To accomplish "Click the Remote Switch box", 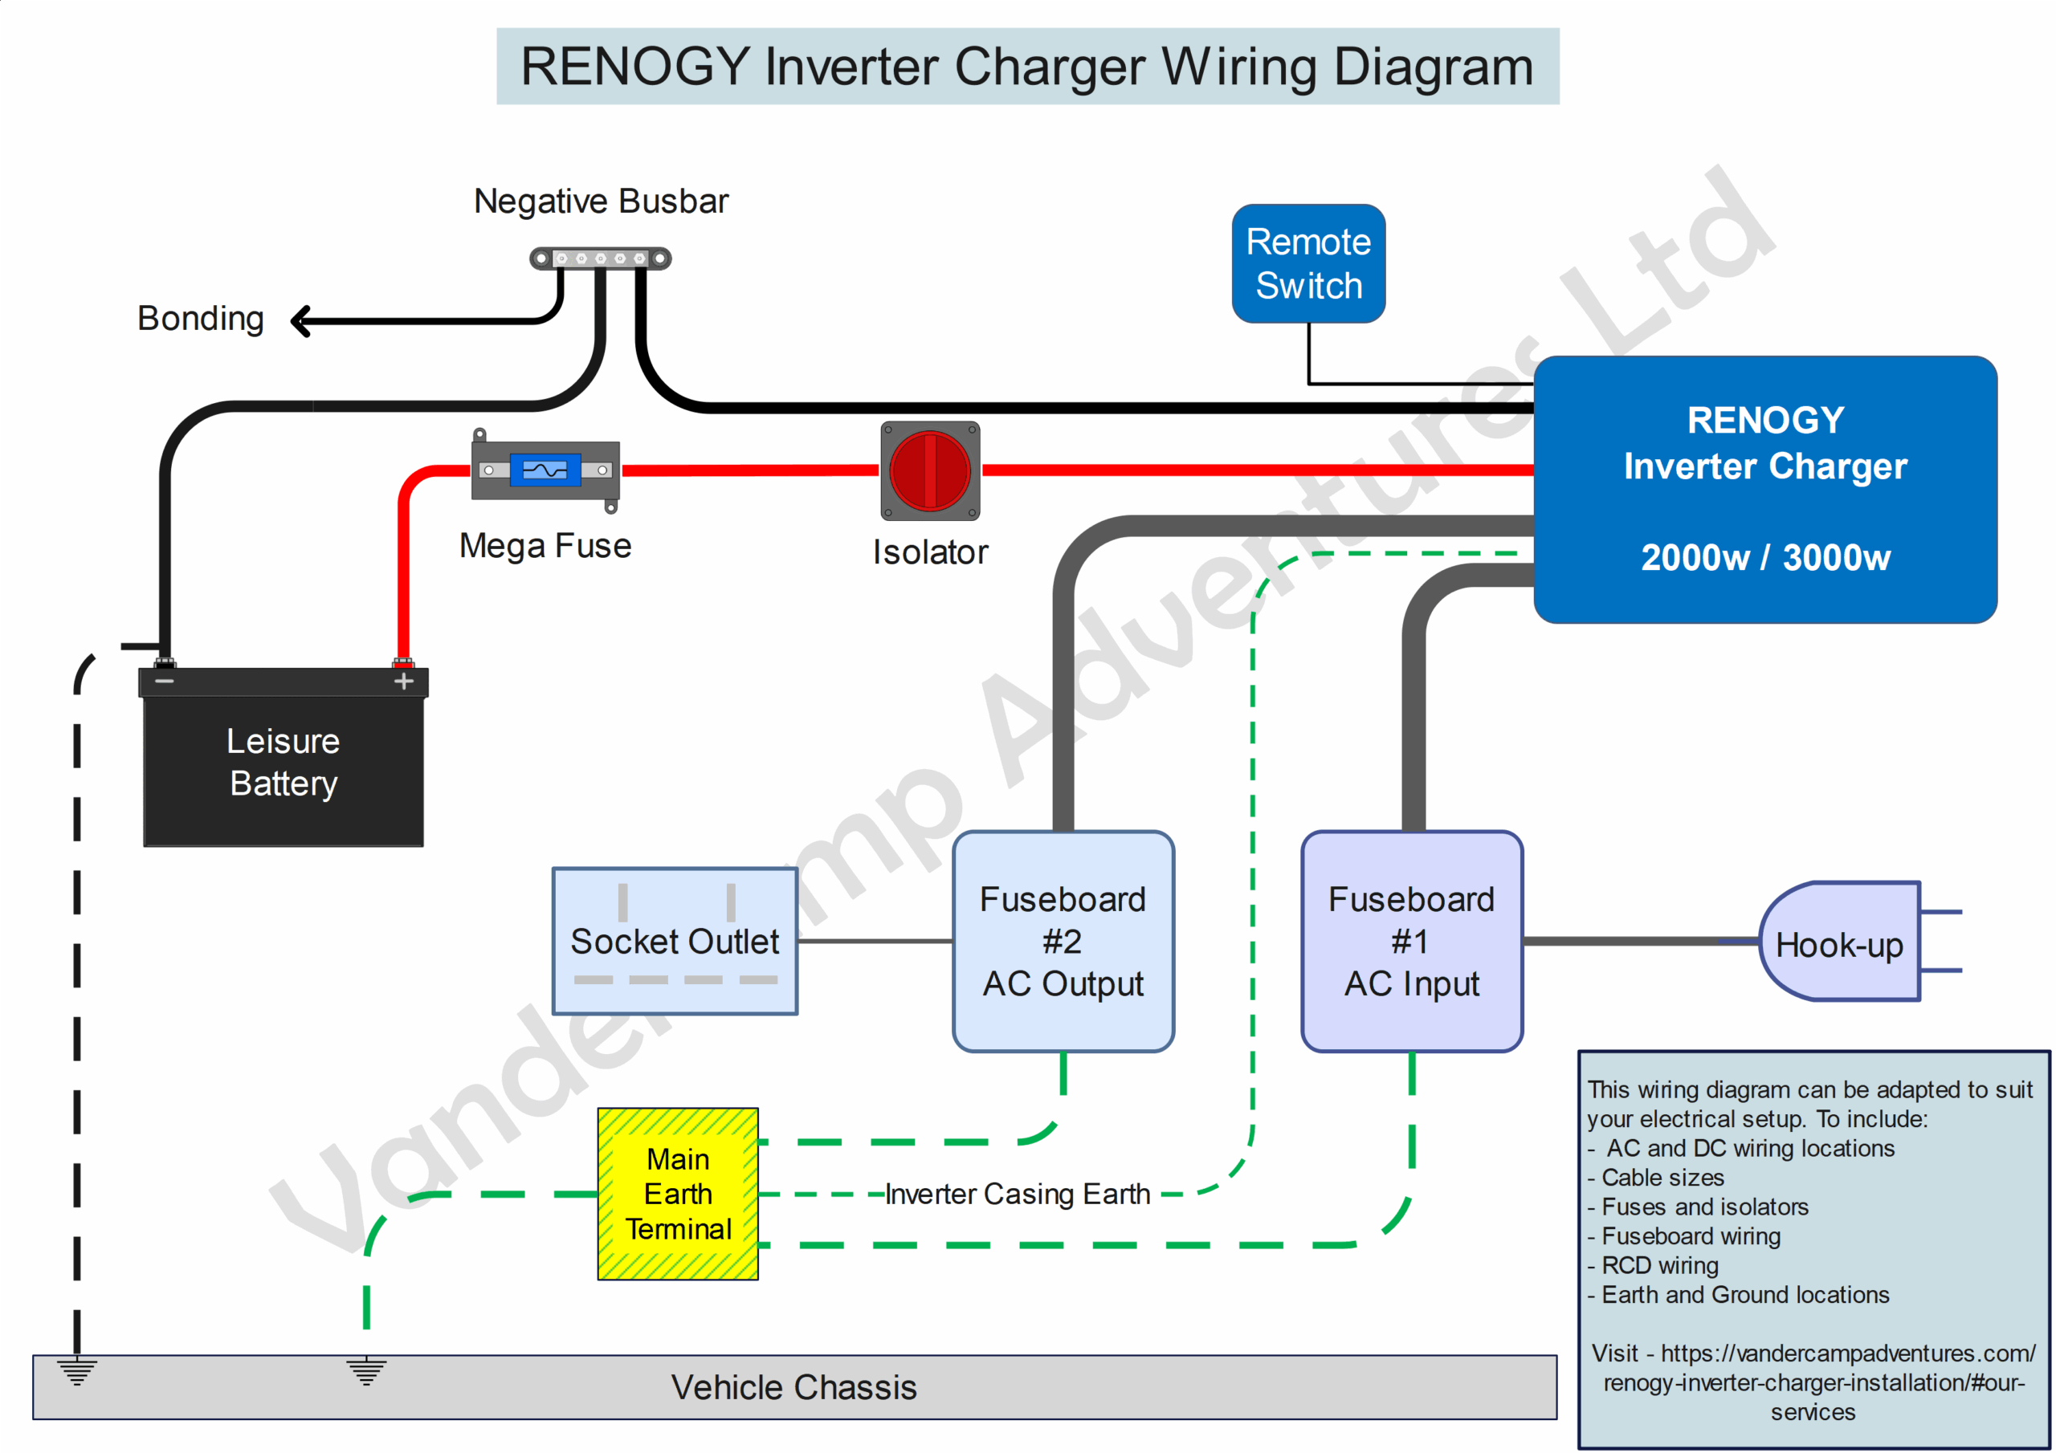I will pyautogui.click(x=1308, y=263).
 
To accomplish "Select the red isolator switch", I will pyautogui.click(x=929, y=471).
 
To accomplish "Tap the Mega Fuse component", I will pyautogui.click(x=545, y=470).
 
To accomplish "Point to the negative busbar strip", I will pyautogui.click(x=600, y=258).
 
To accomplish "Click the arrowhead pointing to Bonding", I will pyautogui.click(x=302, y=320).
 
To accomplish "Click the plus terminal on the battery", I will pyautogui.click(x=404, y=682).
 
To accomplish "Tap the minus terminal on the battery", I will pyautogui.click(x=165, y=682).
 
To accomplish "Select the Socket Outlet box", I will pyautogui.click(x=675, y=941).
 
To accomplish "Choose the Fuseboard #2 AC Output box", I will pyautogui.click(x=1063, y=941).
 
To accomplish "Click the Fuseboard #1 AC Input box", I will pyautogui.click(x=1411, y=941).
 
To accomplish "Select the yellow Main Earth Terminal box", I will pyautogui.click(x=678, y=1195).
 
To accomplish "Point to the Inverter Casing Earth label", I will pyautogui.click(x=1018, y=1195).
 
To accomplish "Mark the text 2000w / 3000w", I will pyautogui.click(x=1765, y=558).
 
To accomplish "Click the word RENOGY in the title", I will pyautogui.click(x=635, y=67).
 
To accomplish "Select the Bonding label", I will pyautogui.click(x=201, y=319).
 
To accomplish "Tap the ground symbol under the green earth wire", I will pyautogui.click(x=366, y=1370).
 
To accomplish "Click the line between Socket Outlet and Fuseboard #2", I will pyautogui.click(x=874, y=941).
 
